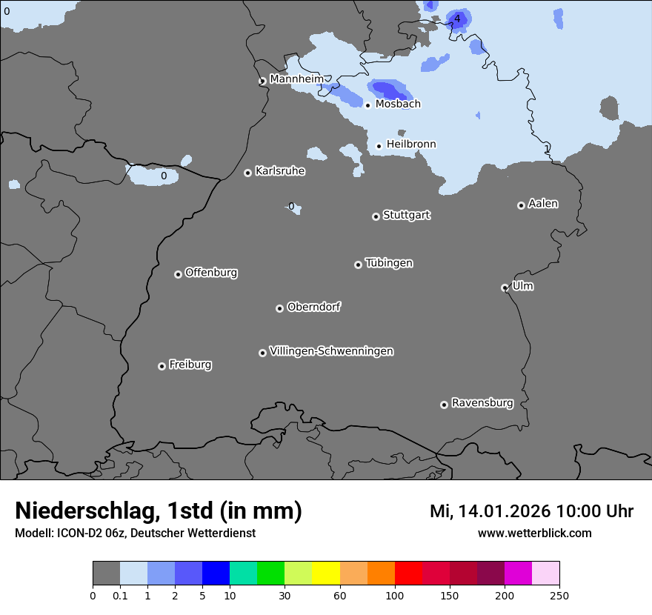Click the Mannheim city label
click(296, 79)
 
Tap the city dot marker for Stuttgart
click(376, 216)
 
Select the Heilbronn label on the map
click(411, 144)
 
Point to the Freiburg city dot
click(162, 366)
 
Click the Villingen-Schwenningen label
click(331, 351)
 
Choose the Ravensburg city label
click(482, 403)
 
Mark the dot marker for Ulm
click(505, 287)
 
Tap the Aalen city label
click(542, 204)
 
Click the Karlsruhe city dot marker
click(247, 173)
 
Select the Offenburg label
click(210, 273)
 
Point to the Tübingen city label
click(388, 263)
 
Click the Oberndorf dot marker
click(279, 308)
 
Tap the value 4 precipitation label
click(457, 19)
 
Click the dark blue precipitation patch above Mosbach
click(388, 90)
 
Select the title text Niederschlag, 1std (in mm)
click(159, 511)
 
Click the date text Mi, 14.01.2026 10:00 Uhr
click(531, 511)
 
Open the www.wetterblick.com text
click(534, 533)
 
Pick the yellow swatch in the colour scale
click(326, 574)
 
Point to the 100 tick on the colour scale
click(395, 595)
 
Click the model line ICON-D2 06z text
click(135, 533)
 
